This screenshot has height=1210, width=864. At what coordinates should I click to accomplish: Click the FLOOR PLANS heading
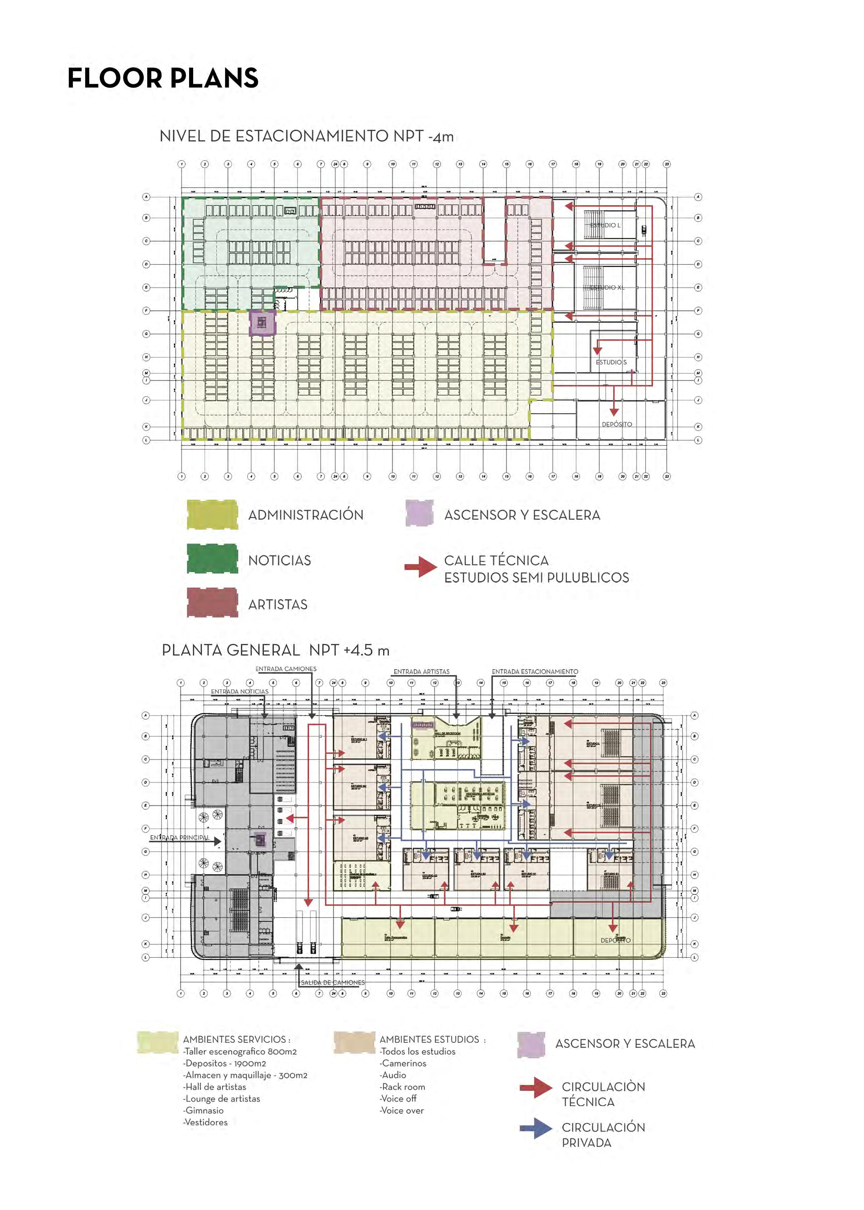click(x=163, y=78)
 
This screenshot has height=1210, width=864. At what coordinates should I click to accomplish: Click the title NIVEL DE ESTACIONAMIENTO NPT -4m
click(x=306, y=136)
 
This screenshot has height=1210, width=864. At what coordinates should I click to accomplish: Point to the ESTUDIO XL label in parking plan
click(x=607, y=287)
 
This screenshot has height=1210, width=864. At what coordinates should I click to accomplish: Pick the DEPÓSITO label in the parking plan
click(x=617, y=424)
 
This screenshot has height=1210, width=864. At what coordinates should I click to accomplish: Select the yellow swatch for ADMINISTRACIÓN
click(x=212, y=515)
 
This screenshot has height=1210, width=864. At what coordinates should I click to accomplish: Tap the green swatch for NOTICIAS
click(x=212, y=559)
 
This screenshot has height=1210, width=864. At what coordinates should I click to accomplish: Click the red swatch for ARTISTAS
click(x=212, y=603)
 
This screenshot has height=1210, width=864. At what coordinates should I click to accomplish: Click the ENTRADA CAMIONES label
click(x=286, y=669)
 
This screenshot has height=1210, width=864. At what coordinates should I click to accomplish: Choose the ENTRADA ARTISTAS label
click(x=421, y=672)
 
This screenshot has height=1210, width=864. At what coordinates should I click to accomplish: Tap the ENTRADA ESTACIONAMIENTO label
click(x=535, y=672)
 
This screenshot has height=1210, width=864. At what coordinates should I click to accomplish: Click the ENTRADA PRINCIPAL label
click(x=179, y=838)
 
